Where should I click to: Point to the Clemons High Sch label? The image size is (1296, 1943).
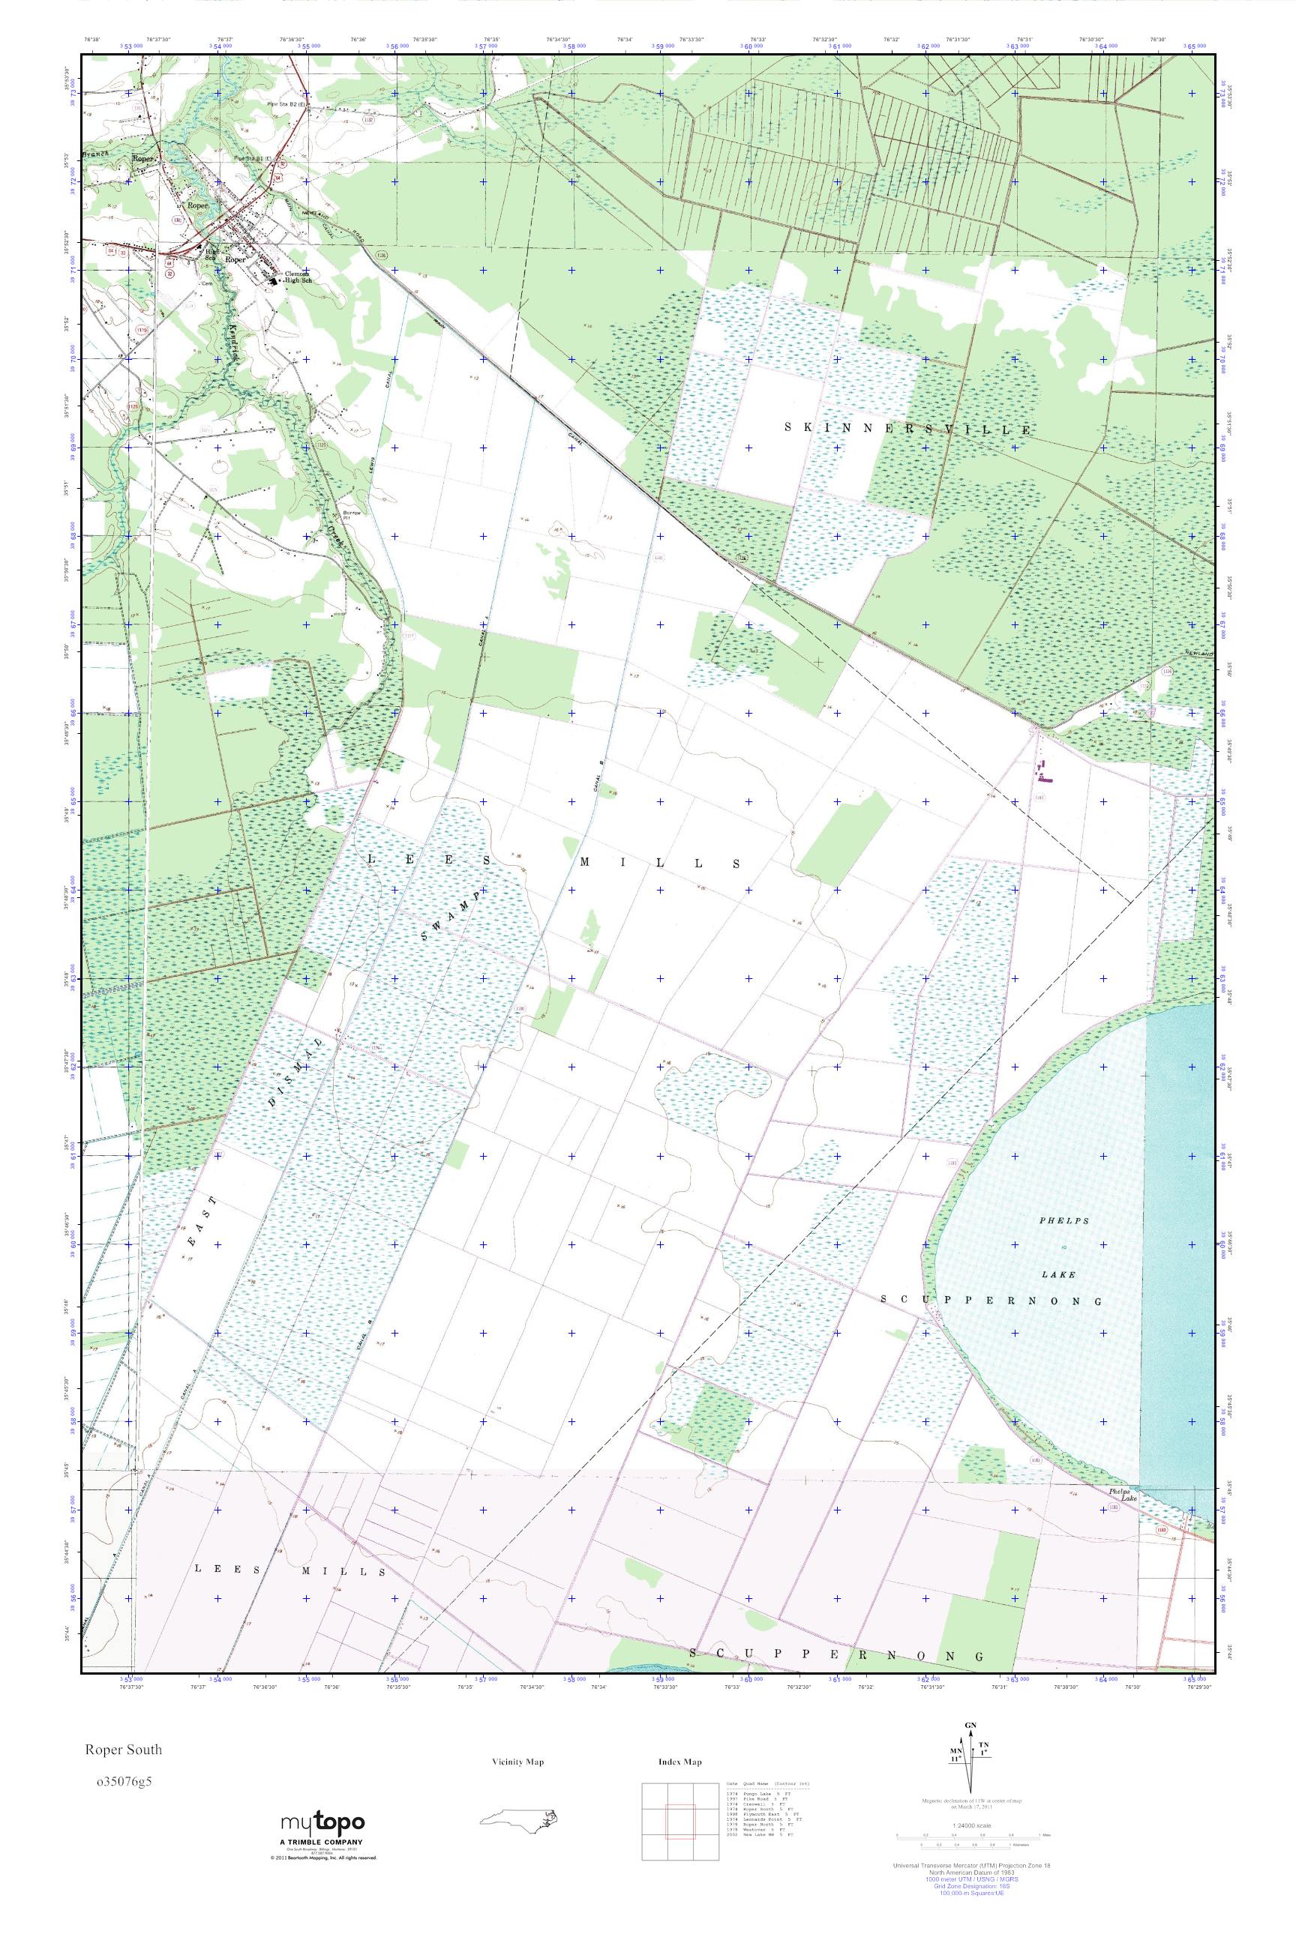click(298, 277)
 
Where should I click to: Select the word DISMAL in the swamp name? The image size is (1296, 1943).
click(293, 1070)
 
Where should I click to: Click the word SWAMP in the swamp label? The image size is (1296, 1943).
click(451, 916)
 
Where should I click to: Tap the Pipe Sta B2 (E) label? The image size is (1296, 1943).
click(286, 105)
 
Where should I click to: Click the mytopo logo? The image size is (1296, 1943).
click(322, 1822)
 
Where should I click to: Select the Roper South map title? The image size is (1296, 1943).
click(121, 1750)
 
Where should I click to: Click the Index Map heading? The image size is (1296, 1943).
click(680, 1762)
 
